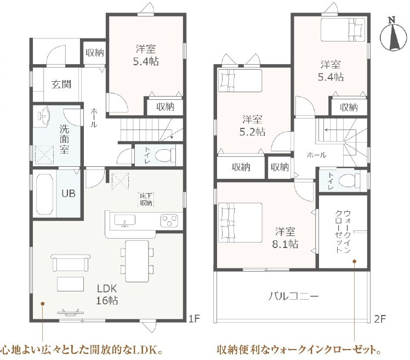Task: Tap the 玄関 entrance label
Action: [61, 85]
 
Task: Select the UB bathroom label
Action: [69, 194]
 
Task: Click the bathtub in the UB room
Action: [45, 194]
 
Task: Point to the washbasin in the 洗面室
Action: [43, 116]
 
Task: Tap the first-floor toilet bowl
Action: [165, 155]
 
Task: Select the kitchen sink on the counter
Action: [125, 221]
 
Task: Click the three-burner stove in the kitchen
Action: [169, 220]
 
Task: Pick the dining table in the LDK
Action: [137, 261]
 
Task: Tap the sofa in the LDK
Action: [71, 263]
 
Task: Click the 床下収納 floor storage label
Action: [146, 199]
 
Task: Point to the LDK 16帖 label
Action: [107, 294]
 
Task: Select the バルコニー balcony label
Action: [293, 296]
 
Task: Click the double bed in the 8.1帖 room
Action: [240, 222]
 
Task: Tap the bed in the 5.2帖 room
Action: [240, 80]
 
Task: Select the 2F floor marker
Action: [380, 319]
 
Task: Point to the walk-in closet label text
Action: [343, 231]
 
